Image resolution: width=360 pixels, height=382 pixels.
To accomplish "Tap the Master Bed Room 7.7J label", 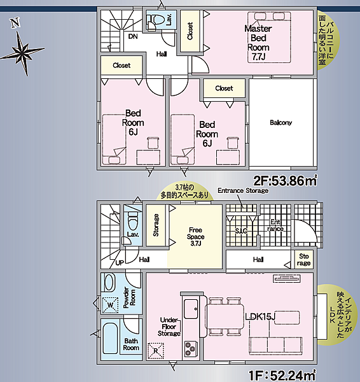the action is [258, 43].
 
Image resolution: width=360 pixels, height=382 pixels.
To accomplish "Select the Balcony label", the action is [280, 122].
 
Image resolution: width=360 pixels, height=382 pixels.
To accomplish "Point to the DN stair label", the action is [133, 36].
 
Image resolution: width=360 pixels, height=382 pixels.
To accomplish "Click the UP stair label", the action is [120, 263].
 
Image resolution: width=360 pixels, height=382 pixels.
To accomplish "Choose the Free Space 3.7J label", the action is [195, 237].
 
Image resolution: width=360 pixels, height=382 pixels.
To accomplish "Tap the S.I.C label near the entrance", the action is [241, 230].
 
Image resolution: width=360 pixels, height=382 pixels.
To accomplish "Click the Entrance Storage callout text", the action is [243, 190].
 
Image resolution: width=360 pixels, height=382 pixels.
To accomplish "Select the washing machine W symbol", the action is [110, 305].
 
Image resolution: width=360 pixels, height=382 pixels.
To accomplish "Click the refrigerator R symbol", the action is [156, 351].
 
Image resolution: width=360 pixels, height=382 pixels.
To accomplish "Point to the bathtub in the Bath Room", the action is [110, 339].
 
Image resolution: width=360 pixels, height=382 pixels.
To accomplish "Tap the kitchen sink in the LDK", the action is [191, 309].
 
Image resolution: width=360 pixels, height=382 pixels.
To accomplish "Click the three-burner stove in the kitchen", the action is [191, 349].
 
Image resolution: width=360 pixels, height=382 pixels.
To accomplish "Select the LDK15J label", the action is [260, 316].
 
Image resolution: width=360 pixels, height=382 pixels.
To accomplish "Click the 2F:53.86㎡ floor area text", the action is [286, 181].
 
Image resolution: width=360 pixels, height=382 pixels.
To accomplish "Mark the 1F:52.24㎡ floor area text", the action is [283, 376].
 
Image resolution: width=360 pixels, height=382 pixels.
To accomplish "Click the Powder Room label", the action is [129, 297].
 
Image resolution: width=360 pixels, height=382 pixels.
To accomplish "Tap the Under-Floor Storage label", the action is [169, 327].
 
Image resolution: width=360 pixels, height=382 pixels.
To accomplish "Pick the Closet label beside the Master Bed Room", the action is [190, 31].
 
